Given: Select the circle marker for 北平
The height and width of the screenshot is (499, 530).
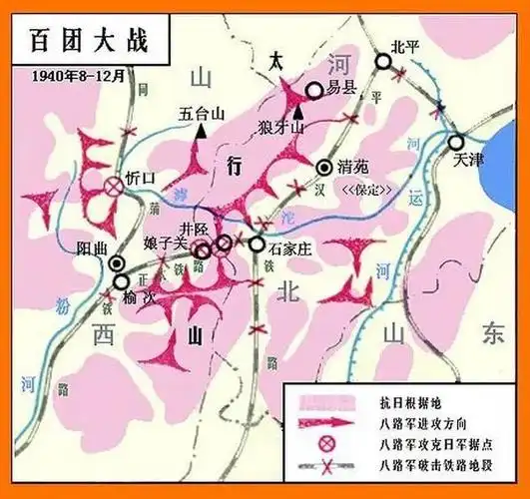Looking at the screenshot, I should point(384,62).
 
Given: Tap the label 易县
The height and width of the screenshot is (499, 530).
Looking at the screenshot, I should point(341,89).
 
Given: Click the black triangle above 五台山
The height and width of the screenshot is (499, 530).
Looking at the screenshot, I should point(202,130).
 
